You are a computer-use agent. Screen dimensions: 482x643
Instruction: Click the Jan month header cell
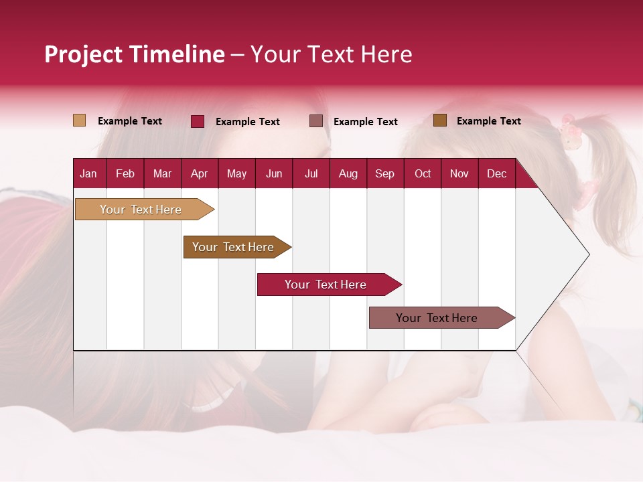pyautogui.click(x=88, y=173)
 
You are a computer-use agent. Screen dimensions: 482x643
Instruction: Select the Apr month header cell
pyautogui.click(x=199, y=173)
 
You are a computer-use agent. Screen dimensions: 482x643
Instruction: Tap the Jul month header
pyautogui.click(x=311, y=173)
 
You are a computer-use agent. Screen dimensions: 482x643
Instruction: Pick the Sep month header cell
pyautogui.click(x=384, y=173)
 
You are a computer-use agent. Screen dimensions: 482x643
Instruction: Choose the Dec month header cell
pyautogui.click(x=496, y=173)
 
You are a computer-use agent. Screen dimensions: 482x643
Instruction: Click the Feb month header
pyautogui.click(x=125, y=173)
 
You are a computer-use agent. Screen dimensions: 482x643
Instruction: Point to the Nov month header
pyautogui.click(x=459, y=173)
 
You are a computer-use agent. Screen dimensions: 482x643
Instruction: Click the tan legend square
pyautogui.click(x=79, y=120)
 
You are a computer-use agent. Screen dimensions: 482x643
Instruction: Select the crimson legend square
pyautogui.click(x=197, y=121)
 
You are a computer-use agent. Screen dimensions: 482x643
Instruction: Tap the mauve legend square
pyautogui.click(x=315, y=121)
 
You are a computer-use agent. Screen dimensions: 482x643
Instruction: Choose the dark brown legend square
pyautogui.click(x=439, y=120)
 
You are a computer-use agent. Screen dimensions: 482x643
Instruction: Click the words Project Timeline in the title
pyautogui.click(x=134, y=54)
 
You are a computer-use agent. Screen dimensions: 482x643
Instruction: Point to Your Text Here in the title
pyautogui.click(x=331, y=54)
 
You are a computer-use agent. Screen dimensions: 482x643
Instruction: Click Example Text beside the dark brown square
pyautogui.click(x=488, y=121)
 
